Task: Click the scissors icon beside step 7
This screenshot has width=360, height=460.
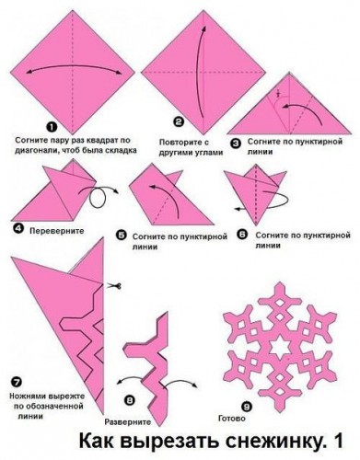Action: [114, 286]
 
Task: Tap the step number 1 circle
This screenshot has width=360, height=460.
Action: [52, 127]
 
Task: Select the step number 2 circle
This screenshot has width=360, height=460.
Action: [179, 122]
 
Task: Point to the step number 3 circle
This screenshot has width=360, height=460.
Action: [236, 144]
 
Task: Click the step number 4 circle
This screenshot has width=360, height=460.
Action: [18, 229]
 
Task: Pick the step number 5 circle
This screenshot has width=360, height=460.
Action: [121, 236]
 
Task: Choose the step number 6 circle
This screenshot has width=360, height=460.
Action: [243, 235]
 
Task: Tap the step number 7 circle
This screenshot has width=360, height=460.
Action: [17, 382]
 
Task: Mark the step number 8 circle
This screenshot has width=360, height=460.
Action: [130, 399]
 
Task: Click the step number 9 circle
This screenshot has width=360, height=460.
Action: [247, 407]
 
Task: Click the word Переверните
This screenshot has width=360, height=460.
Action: [57, 231]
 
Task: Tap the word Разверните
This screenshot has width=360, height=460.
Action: [128, 422]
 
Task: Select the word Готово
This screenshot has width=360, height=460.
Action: [232, 419]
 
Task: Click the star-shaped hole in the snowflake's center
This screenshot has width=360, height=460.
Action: [280, 346]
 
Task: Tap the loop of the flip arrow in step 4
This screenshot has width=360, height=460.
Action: [98, 198]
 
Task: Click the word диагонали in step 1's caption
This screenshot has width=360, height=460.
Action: [34, 151]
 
